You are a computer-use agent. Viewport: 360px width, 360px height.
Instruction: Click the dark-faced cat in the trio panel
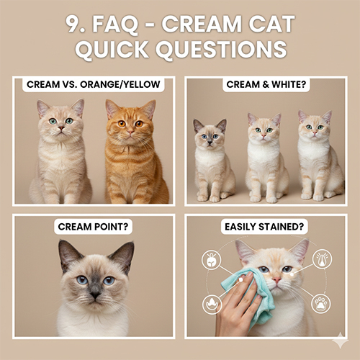[x=210, y=162]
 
